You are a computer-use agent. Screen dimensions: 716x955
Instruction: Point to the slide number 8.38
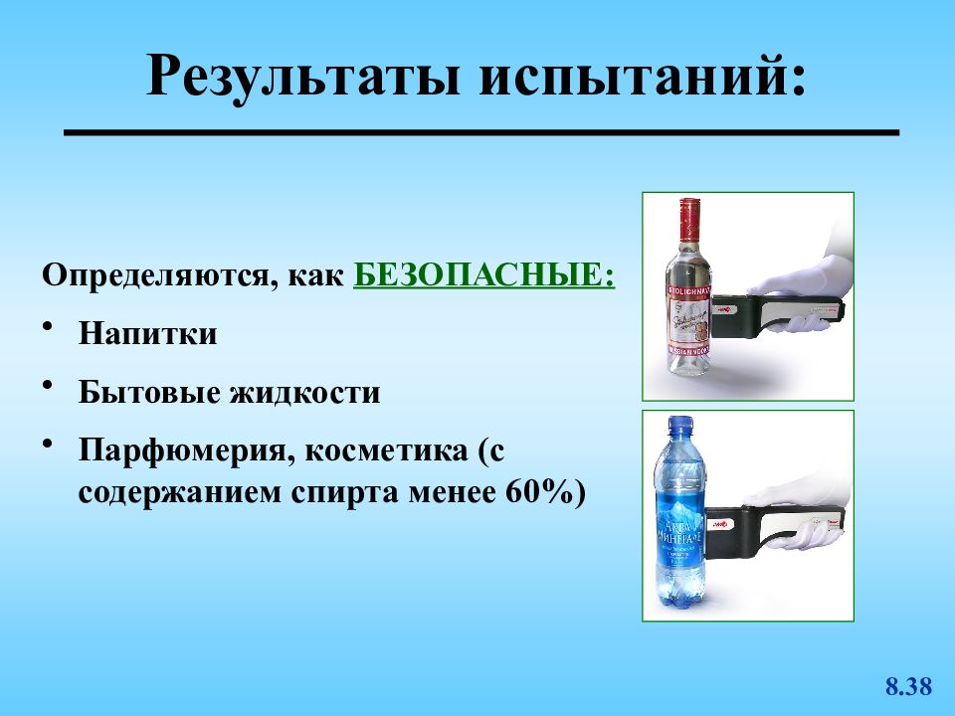pos(907,686)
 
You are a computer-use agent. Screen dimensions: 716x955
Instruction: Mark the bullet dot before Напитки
pos(51,327)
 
